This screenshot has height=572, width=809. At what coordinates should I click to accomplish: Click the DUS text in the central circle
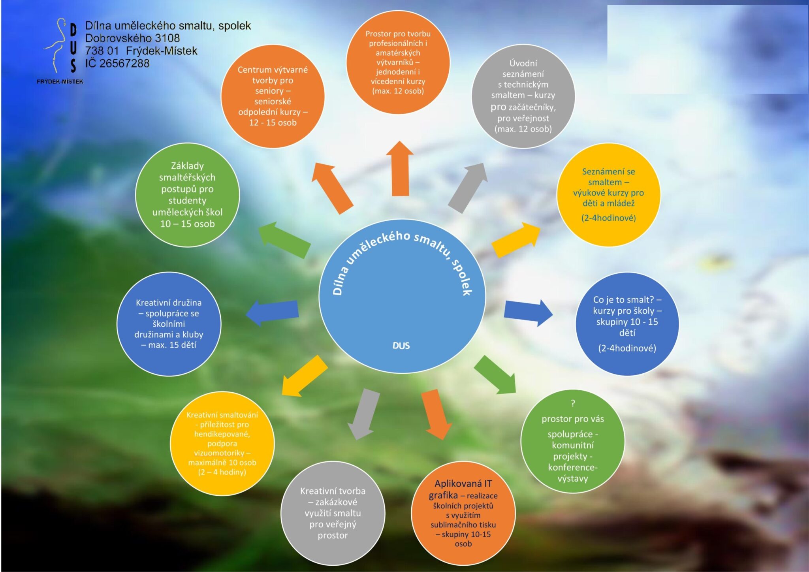pyautogui.click(x=401, y=346)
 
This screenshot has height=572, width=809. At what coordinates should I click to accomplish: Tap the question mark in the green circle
pyautogui.click(x=573, y=403)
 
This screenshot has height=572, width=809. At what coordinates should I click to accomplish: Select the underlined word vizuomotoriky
pyautogui.click(x=219, y=453)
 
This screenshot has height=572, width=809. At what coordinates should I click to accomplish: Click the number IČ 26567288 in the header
pyautogui.click(x=117, y=63)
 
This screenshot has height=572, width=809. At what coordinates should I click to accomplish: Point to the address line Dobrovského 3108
pyautogui.click(x=132, y=38)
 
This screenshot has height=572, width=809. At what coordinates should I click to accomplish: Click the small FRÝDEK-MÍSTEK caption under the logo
pyautogui.click(x=60, y=81)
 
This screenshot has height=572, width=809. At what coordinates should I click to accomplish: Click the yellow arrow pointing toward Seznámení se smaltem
pyautogui.click(x=516, y=239)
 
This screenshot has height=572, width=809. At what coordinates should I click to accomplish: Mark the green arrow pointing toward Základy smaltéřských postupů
pyautogui.click(x=284, y=239)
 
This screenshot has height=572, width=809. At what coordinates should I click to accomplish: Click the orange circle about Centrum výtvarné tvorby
pyautogui.click(x=273, y=96)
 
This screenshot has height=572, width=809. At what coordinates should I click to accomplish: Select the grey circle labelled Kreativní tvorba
pyautogui.click(x=333, y=513)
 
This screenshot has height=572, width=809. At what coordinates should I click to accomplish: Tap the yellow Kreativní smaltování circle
pyautogui.click(x=222, y=443)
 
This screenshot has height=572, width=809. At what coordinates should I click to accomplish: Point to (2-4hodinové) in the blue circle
pyautogui.click(x=627, y=348)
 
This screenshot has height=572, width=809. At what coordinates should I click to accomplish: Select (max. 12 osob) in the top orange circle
pyautogui.click(x=398, y=91)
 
